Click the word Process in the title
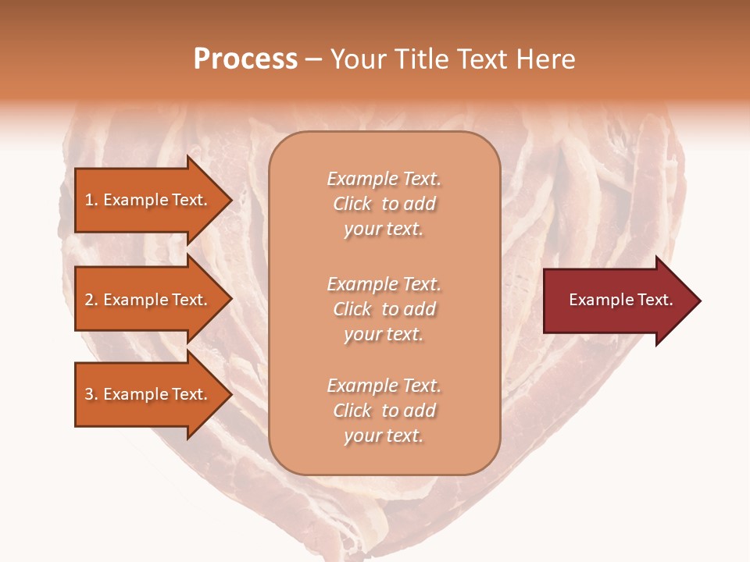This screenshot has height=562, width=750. click(245, 59)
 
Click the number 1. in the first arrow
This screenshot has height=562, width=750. click(91, 200)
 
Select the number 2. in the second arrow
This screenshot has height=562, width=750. click(91, 300)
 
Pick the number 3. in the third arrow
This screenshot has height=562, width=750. click(91, 394)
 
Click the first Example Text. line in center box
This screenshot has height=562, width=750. click(384, 179)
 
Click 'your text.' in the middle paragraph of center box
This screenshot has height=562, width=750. click(384, 334)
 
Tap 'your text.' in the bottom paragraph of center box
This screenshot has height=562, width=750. click(384, 436)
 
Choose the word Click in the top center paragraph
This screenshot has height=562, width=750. click(352, 204)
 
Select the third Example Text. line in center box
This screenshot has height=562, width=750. click(384, 386)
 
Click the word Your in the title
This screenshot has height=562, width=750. click(359, 59)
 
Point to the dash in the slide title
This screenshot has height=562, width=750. click(313, 60)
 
